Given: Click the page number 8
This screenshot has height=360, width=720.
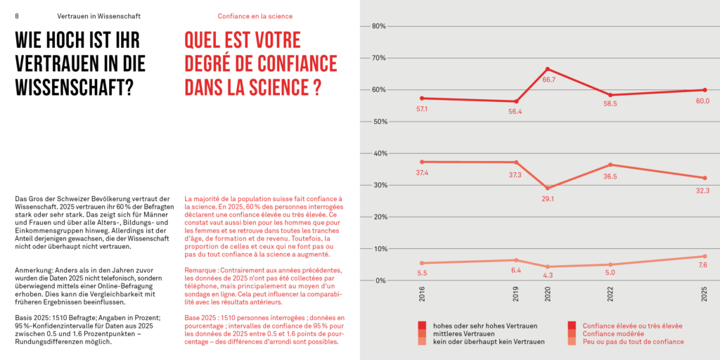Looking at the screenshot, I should (x=17, y=15).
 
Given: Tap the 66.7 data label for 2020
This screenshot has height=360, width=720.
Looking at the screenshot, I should (x=548, y=80).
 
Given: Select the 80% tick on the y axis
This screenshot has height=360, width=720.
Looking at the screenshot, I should (x=378, y=27).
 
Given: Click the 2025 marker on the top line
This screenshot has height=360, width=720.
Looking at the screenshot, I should (x=704, y=90).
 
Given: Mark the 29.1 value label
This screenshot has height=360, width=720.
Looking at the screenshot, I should (x=548, y=199).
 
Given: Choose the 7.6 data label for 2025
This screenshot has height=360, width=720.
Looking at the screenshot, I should (x=702, y=265).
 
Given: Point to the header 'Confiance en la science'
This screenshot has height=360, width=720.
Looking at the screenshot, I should (x=255, y=15).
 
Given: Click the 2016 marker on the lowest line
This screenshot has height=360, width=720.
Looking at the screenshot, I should (x=422, y=263).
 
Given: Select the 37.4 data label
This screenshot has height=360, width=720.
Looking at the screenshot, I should (x=422, y=173).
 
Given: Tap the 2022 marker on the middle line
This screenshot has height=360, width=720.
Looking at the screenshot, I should (x=610, y=165).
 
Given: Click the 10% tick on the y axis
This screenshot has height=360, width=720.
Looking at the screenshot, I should (x=378, y=249).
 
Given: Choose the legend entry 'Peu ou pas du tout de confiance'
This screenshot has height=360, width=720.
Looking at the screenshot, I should (x=633, y=342).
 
